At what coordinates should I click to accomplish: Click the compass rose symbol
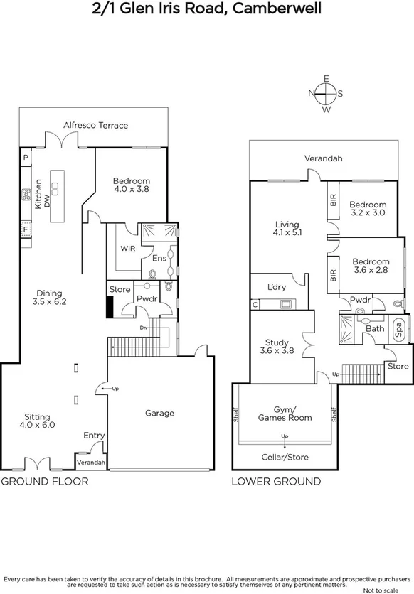click(x=327, y=93)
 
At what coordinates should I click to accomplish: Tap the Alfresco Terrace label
click(x=95, y=125)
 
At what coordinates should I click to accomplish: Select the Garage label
click(x=159, y=413)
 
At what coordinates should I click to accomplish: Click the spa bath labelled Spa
click(x=398, y=329)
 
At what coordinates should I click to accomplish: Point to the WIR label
click(x=128, y=248)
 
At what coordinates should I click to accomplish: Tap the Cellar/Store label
click(x=285, y=457)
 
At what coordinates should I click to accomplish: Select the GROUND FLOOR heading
click(x=45, y=481)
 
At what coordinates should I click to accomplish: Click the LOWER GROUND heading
click(x=276, y=481)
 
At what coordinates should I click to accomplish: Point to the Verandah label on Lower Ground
click(x=323, y=158)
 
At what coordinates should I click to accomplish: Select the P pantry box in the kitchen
click(x=25, y=158)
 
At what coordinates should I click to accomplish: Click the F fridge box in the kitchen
click(x=25, y=229)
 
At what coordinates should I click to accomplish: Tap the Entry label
click(x=93, y=436)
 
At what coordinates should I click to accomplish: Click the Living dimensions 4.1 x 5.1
click(x=287, y=232)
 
